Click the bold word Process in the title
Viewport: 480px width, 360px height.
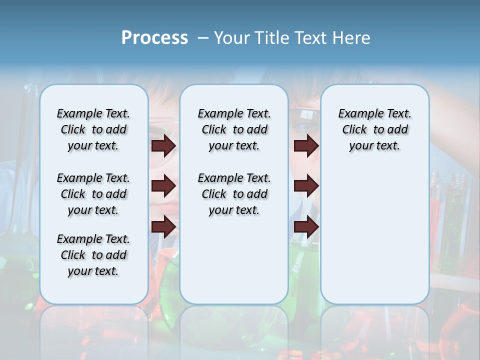[154, 38]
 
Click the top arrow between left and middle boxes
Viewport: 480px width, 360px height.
[164, 145]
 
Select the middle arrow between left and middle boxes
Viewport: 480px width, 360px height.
[164, 186]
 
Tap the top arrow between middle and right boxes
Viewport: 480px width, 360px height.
[306, 145]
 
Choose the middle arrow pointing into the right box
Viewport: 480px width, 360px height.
[306, 186]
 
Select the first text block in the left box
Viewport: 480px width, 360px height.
[93, 129]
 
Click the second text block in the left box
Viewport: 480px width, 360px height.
[93, 194]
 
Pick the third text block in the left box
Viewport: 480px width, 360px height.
[93, 255]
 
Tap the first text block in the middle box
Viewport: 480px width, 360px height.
[234, 129]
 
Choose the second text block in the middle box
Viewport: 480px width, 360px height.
[234, 194]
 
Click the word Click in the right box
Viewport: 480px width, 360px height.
[354, 129]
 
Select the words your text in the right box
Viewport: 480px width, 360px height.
[374, 145]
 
